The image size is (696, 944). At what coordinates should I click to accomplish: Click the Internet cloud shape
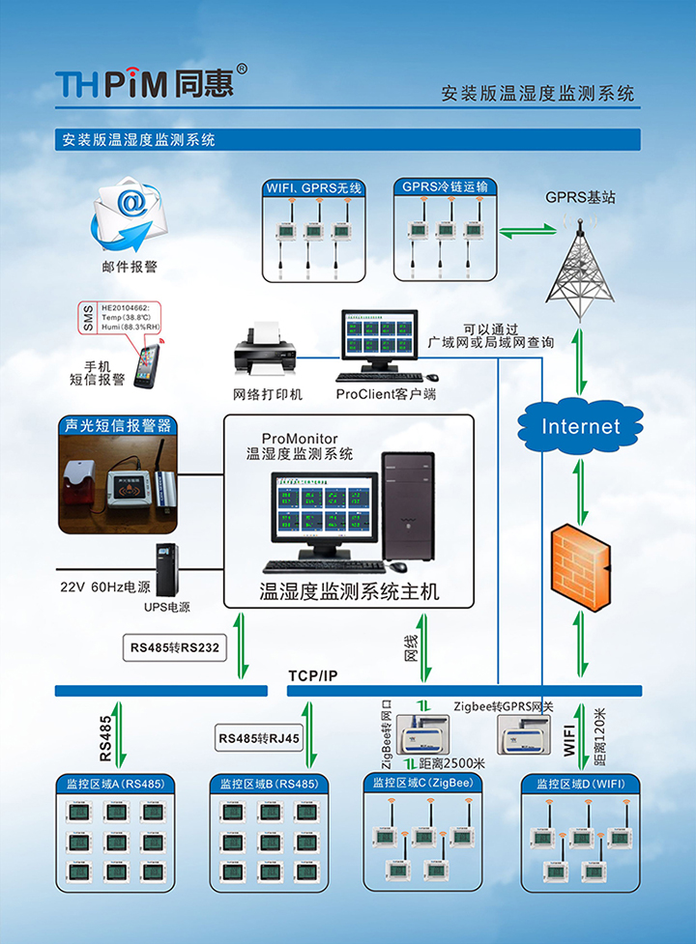(579, 426)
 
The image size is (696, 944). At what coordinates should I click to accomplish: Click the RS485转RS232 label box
(174, 647)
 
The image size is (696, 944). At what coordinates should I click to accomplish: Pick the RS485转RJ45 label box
(259, 739)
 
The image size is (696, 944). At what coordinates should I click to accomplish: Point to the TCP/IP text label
(313, 674)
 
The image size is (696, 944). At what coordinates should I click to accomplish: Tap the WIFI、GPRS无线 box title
(315, 187)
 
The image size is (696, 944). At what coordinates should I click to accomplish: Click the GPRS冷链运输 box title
(446, 186)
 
